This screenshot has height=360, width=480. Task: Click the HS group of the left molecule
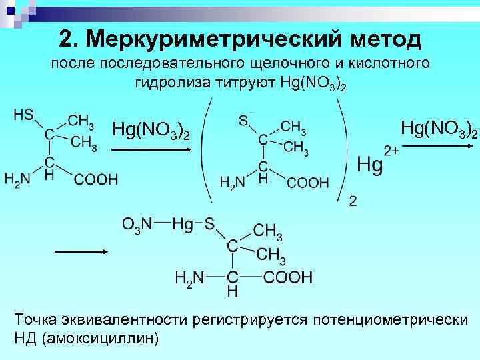click(x=24, y=115)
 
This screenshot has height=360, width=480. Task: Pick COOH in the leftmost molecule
click(x=95, y=179)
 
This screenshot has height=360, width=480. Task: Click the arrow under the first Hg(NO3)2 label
click(x=151, y=151)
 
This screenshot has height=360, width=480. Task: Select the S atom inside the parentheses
click(x=244, y=121)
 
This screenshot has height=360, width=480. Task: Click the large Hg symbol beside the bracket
click(x=371, y=165)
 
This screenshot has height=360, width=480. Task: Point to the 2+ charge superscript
click(x=389, y=151)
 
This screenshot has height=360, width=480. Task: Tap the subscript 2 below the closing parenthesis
click(x=353, y=201)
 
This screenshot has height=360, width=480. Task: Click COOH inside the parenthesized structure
click(x=308, y=182)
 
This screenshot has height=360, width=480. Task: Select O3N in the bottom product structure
click(x=138, y=225)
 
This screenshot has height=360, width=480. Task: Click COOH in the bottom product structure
click(x=288, y=277)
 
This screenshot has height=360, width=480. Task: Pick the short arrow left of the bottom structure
click(x=81, y=251)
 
